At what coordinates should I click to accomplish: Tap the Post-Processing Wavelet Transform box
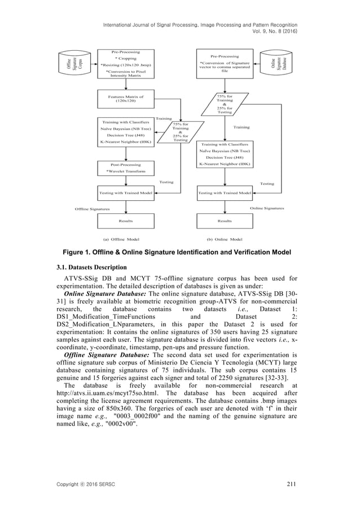(125, 168)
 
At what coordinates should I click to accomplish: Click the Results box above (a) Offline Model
(125, 221)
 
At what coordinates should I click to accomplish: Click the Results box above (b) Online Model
(225, 221)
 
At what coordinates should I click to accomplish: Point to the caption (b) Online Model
(225, 239)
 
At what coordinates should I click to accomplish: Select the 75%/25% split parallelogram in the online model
(225, 104)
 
